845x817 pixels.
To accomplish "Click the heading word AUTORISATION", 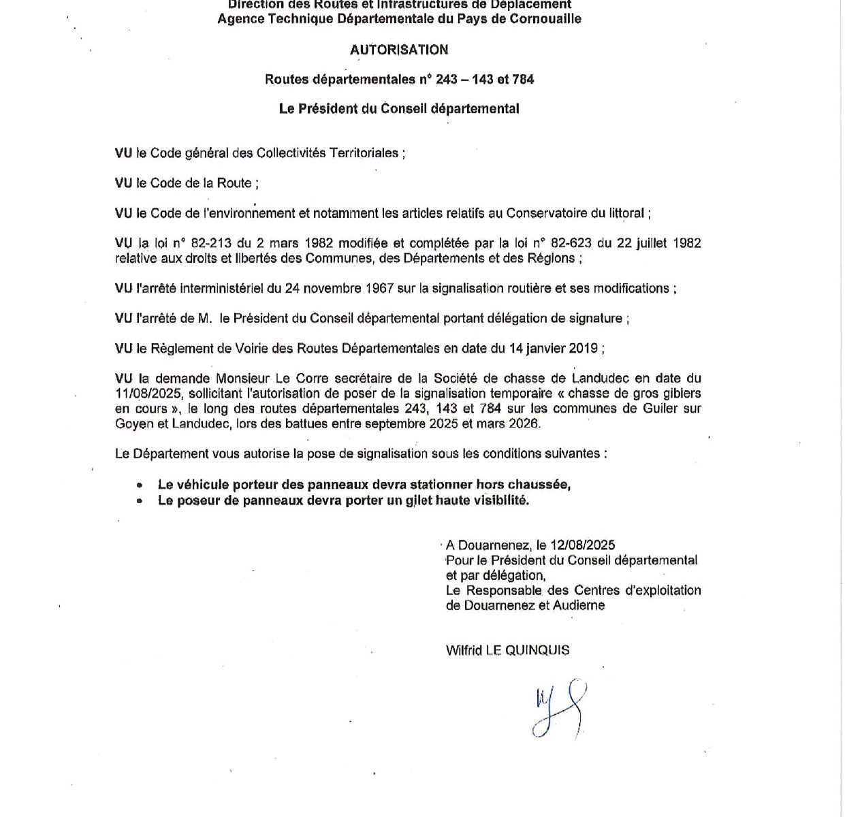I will point(399,50).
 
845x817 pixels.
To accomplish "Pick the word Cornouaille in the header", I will point(544,18).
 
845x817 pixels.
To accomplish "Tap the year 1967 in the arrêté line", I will point(379,288).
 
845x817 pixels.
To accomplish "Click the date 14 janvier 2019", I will point(554,349).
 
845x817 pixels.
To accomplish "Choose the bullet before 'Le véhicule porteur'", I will point(140,485).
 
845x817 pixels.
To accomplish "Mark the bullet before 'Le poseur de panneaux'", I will point(140,501).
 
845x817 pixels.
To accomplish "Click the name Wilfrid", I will point(464,650).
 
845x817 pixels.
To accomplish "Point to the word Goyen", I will point(131,423).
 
